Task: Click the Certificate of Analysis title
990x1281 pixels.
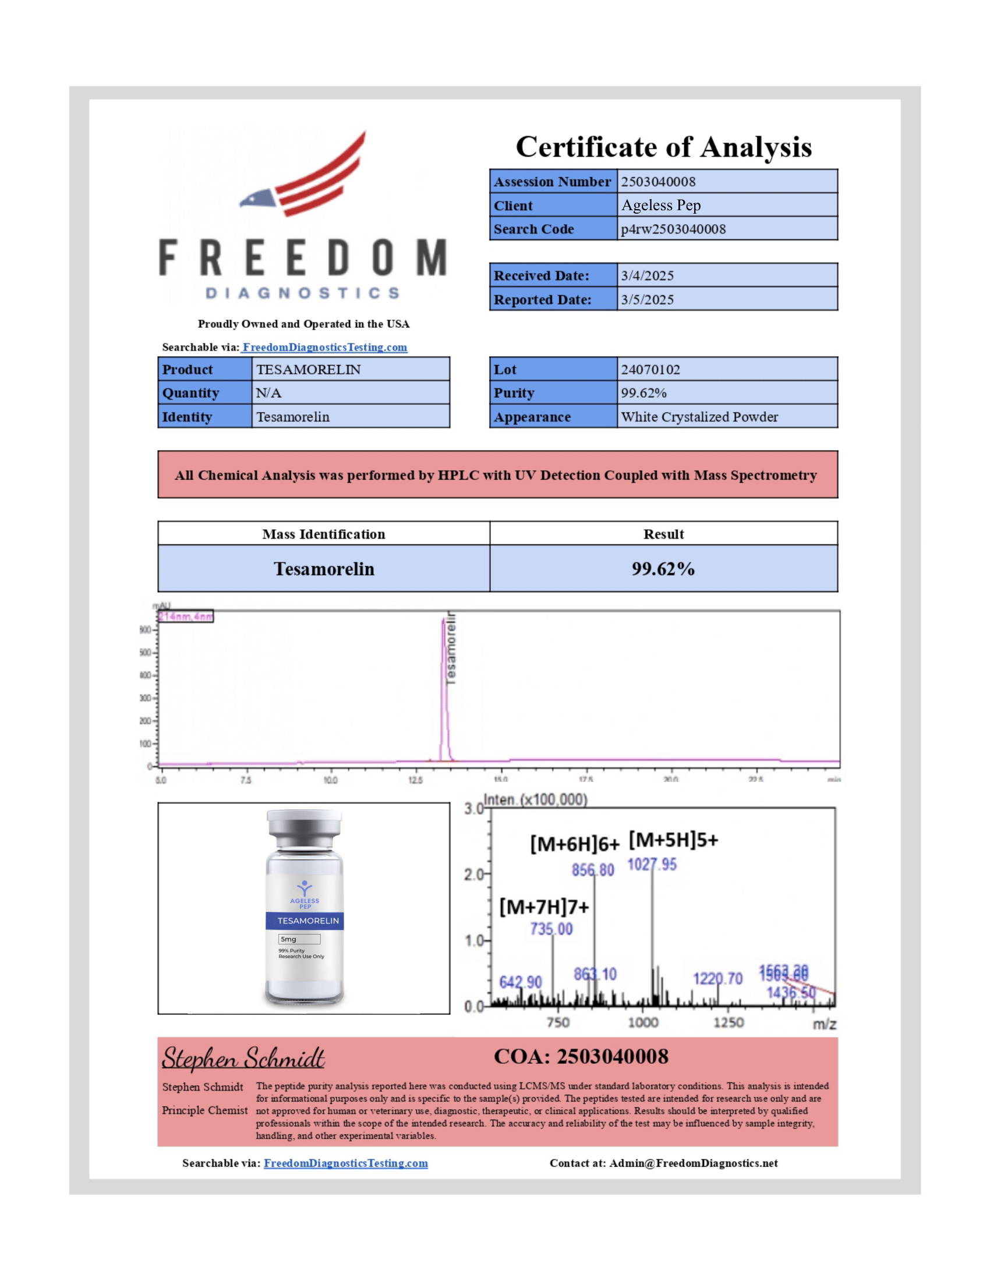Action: click(663, 147)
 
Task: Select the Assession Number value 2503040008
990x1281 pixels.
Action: click(658, 182)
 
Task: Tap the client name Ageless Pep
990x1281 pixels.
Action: click(661, 206)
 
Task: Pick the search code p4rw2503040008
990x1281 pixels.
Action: click(673, 229)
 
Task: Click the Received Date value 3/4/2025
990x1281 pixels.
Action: click(647, 275)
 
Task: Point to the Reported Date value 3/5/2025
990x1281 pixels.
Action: click(647, 300)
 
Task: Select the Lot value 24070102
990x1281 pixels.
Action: click(650, 370)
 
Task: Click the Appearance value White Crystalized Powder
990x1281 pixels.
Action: click(699, 417)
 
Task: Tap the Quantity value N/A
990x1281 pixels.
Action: click(268, 393)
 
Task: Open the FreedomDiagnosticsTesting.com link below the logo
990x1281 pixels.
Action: click(324, 347)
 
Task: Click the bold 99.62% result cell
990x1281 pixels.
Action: click(663, 569)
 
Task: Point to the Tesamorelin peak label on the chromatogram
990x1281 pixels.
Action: click(450, 648)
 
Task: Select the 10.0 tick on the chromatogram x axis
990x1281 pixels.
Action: click(330, 780)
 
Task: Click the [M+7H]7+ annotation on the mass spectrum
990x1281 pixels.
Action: click(544, 907)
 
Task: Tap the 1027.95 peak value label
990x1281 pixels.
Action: click(652, 865)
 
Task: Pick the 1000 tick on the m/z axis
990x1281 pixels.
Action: click(643, 1022)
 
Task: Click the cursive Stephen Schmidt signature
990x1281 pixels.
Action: click(243, 1058)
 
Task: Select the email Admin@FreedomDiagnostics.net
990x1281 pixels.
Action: click(693, 1163)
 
